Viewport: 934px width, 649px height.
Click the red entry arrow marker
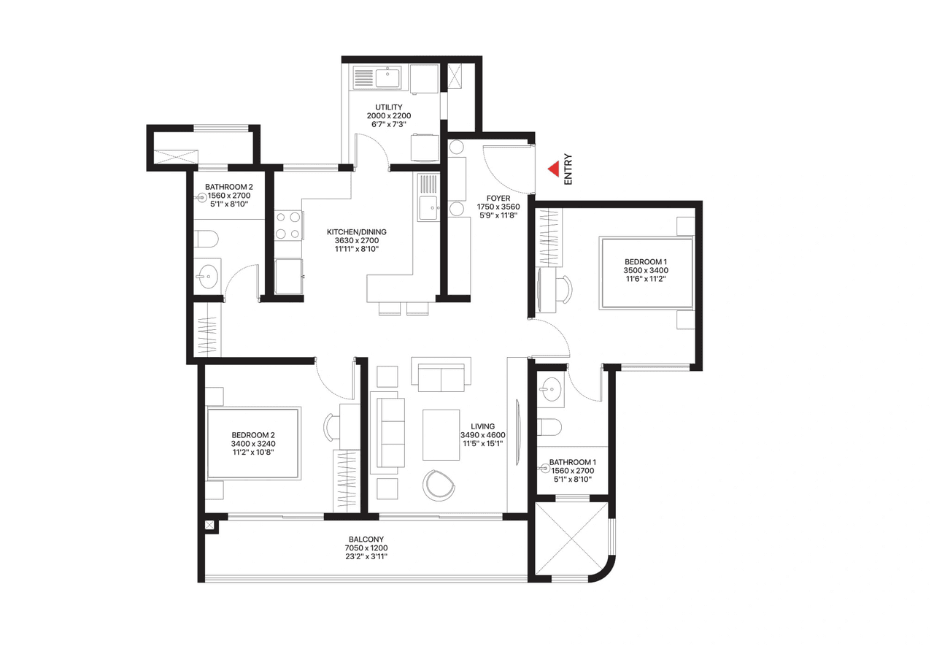point(554,169)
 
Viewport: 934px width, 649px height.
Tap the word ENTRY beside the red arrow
point(568,169)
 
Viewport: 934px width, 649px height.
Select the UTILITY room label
point(388,107)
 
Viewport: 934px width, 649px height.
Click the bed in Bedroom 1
point(645,272)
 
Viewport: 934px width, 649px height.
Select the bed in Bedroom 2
point(252,443)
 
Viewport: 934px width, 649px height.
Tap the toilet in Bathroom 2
point(208,239)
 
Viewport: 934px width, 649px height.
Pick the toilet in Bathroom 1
point(550,426)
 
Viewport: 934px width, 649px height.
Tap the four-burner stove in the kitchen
point(289,225)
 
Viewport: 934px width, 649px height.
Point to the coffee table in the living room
point(441,434)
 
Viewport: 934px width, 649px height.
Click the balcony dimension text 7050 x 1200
point(366,548)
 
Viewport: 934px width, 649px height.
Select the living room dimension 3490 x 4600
point(482,435)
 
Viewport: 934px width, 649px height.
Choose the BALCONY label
point(366,539)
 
